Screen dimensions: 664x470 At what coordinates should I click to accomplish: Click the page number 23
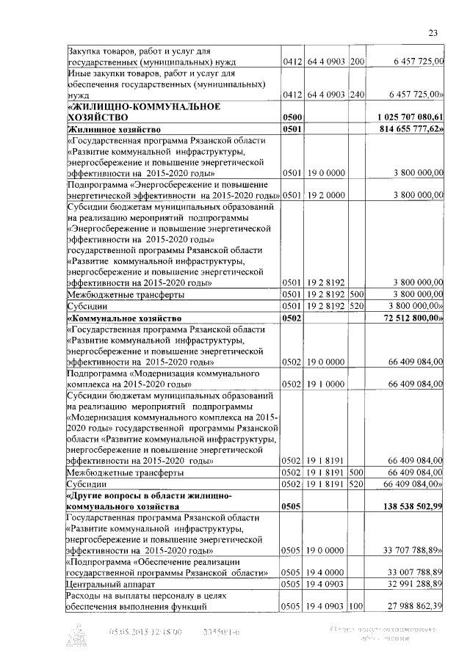click(433, 32)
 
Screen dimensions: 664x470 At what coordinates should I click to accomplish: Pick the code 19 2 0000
click(326, 195)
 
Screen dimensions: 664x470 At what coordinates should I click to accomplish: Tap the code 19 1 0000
click(326, 384)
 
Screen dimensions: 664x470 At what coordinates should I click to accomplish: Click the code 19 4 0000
click(326, 572)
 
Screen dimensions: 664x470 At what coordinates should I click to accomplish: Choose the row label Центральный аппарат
click(108, 584)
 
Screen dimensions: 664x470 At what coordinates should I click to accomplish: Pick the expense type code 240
click(358, 95)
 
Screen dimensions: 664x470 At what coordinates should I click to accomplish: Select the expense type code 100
click(358, 606)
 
